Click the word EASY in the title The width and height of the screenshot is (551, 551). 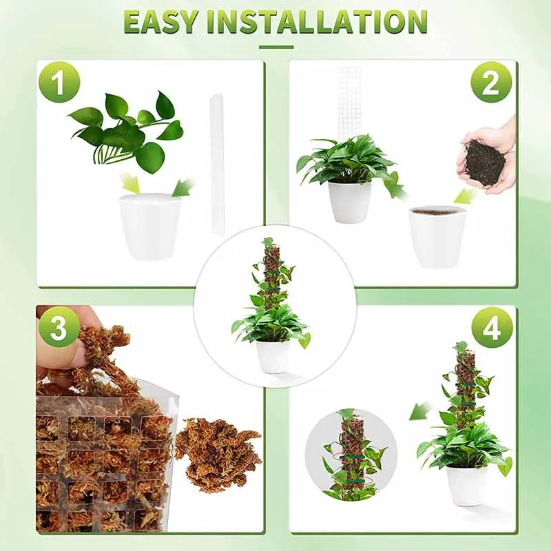tap(161, 22)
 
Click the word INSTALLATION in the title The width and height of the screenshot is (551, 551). tap(318, 22)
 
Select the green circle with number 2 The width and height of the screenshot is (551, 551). tap(491, 82)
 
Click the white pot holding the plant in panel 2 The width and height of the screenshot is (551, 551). tap(349, 201)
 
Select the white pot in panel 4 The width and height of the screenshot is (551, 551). tap(466, 485)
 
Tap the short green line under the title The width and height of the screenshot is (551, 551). tap(275, 48)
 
